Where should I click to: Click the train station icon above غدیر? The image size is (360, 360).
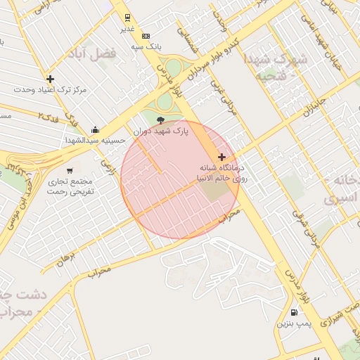tap(127, 18)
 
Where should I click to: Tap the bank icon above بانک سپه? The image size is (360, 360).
tap(146, 36)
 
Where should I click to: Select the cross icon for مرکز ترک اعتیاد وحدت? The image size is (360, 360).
tap(50, 79)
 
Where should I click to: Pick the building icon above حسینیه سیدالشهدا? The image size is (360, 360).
tap(96, 129)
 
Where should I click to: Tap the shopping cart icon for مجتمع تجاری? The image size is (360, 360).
tap(70, 170)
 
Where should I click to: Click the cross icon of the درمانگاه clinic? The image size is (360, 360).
tap(222, 157)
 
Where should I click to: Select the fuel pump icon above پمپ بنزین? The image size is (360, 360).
tap(293, 312)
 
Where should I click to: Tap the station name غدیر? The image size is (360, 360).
tap(127, 28)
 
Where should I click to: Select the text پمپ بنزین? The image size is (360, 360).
tap(292, 323)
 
